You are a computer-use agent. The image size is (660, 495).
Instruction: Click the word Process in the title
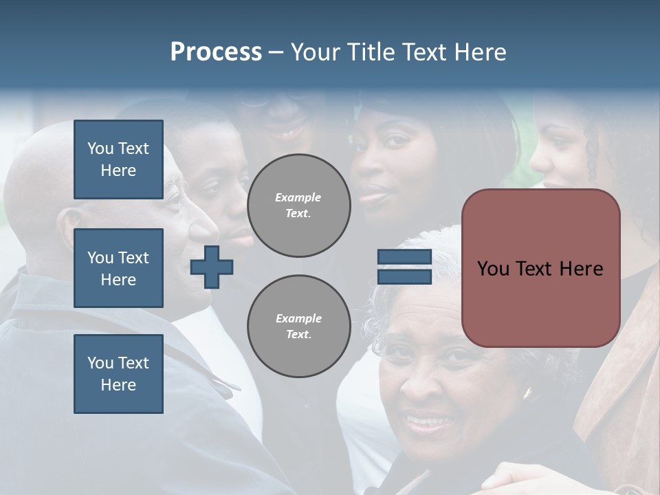(x=216, y=52)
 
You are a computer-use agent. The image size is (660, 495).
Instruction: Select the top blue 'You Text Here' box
(x=118, y=159)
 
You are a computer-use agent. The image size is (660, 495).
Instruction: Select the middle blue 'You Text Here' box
(x=118, y=268)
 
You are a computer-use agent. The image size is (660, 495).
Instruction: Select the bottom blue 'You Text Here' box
(x=118, y=374)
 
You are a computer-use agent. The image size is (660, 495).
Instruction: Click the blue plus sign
(x=212, y=267)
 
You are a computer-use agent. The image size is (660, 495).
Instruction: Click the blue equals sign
(x=404, y=267)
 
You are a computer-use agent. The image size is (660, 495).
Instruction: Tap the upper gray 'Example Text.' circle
(x=298, y=206)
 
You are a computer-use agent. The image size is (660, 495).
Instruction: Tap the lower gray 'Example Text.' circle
(x=298, y=327)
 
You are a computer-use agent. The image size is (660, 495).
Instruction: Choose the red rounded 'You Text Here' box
(x=540, y=268)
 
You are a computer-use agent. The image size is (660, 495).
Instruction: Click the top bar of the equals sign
(x=404, y=257)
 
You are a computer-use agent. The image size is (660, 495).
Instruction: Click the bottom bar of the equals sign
(x=404, y=276)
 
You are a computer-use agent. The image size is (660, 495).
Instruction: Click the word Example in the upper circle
(x=298, y=198)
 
